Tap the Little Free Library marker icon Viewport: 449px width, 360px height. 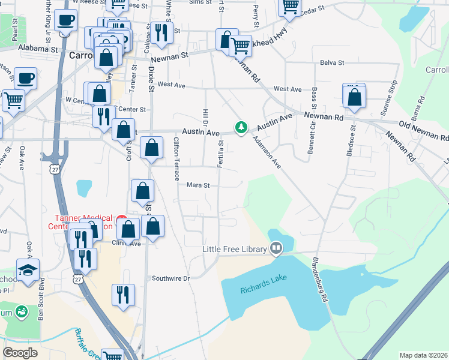[x=276, y=247]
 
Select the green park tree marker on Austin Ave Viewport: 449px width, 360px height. [x=241, y=127]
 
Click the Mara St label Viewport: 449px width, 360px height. [x=197, y=185]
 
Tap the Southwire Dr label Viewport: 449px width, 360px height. [x=170, y=278]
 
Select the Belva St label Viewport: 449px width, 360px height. [x=332, y=62]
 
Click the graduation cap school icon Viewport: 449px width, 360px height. [x=28, y=269]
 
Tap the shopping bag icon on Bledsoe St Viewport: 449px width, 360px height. [x=355, y=97]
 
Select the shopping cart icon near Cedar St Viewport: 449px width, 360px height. [x=290, y=7]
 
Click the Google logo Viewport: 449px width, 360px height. [x=20, y=353]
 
